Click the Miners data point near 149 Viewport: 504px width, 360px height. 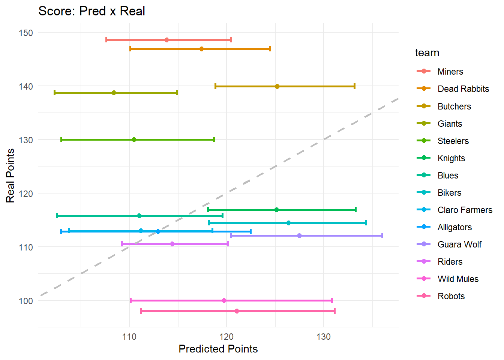(x=166, y=40)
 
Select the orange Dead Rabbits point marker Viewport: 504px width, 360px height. (x=201, y=49)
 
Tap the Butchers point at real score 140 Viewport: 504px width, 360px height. (x=277, y=87)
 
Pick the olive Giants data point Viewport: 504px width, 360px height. (x=114, y=93)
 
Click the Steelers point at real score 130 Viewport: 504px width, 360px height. (x=134, y=140)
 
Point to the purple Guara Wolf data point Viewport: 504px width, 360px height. (x=299, y=236)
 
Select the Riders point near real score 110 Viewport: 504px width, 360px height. (x=172, y=244)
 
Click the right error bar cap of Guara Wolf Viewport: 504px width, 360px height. (x=382, y=236)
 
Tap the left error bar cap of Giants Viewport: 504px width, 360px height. (x=55, y=93)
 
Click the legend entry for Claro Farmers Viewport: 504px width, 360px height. (x=465, y=210)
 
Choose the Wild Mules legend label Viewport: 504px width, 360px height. (x=458, y=279)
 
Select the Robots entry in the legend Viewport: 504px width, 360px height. (x=451, y=296)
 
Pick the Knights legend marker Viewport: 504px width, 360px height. (x=424, y=158)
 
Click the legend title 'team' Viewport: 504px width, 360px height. (x=427, y=53)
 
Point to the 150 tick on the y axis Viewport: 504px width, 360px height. (x=25, y=33)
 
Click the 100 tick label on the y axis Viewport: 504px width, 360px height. (x=25, y=301)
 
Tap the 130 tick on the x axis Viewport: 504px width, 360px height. (x=323, y=337)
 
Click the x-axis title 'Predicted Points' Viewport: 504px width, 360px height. (x=218, y=349)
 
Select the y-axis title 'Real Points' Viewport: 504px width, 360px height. (x=10, y=175)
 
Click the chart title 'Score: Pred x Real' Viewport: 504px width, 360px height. (x=91, y=11)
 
